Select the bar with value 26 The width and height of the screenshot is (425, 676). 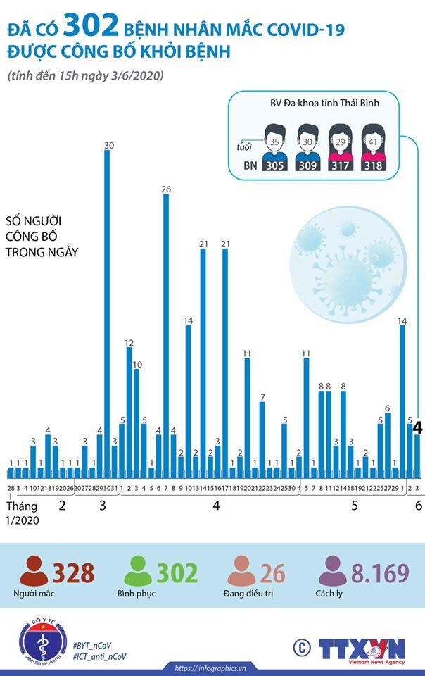click(x=166, y=331)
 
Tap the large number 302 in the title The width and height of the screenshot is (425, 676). click(x=90, y=28)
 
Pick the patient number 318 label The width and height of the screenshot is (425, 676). click(x=373, y=166)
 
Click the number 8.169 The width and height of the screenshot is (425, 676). click(x=381, y=573)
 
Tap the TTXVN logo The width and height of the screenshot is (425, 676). click(x=362, y=648)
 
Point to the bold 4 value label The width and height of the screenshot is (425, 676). click(x=417, y=427)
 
